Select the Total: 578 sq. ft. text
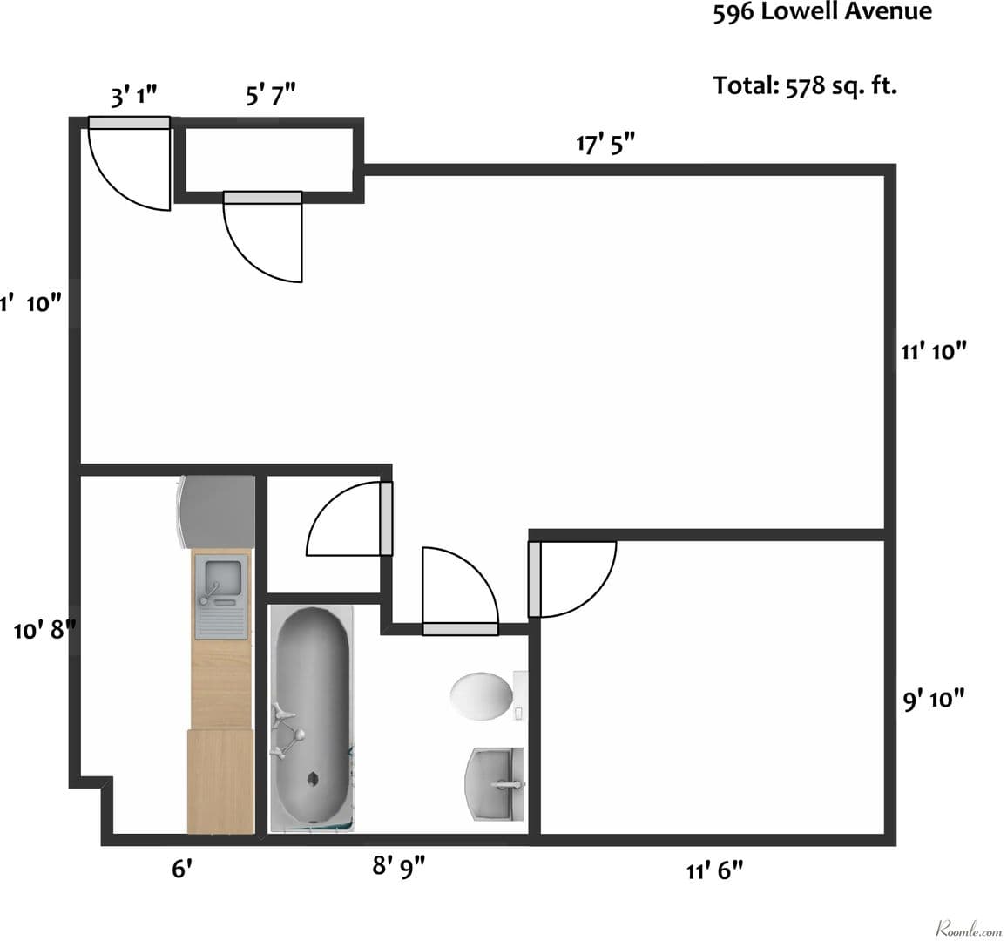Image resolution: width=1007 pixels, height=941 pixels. [805, 85]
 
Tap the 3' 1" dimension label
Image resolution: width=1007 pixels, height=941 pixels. [133, 95]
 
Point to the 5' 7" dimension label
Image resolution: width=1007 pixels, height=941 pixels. [270, 93]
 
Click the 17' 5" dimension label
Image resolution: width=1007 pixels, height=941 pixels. [605, 143]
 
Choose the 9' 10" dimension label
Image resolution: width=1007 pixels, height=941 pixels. [934, 699]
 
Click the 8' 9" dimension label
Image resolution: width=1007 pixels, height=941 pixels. [399, 865]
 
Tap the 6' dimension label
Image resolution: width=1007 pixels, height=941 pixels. [180, 868]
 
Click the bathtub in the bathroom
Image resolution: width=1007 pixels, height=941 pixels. [312, 717]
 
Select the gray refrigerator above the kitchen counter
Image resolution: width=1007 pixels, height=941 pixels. [216, 511]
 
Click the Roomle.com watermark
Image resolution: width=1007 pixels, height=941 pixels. [968, 929]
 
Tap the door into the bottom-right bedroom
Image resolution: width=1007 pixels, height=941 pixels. [571, 578]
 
